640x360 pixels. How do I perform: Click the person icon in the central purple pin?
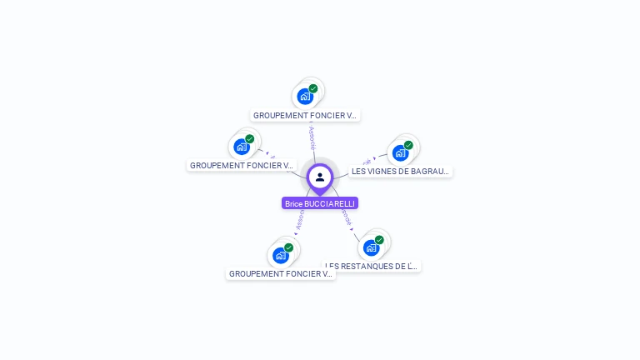coord(320,177)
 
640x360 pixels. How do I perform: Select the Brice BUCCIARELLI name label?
coord(320,203)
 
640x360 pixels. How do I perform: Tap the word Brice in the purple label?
coord(293,203)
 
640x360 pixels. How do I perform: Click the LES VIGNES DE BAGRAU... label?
coord(400,171)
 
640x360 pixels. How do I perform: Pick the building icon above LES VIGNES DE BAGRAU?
coord(400,153)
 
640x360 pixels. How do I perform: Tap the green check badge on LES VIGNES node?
coord(408,145)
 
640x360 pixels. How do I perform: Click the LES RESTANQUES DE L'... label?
coord(371,266)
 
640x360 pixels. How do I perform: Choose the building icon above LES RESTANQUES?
coord(371,247)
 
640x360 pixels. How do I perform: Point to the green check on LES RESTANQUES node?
coord(379,240)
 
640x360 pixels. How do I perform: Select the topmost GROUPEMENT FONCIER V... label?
coord(306,116)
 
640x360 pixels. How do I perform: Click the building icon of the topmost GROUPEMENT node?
coord(305,97)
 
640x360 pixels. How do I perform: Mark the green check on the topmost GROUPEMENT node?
coord(313,88)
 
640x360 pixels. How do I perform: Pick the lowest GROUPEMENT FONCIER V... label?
coord(281,273)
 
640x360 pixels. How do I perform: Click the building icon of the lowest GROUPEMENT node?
coord(280,255)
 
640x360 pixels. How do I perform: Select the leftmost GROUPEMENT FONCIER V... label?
coord(242,165)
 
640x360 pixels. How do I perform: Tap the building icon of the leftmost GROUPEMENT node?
coord(242,147)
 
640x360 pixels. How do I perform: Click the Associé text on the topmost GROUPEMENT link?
coord(312,137)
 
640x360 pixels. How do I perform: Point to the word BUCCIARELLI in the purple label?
coord(331,203)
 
